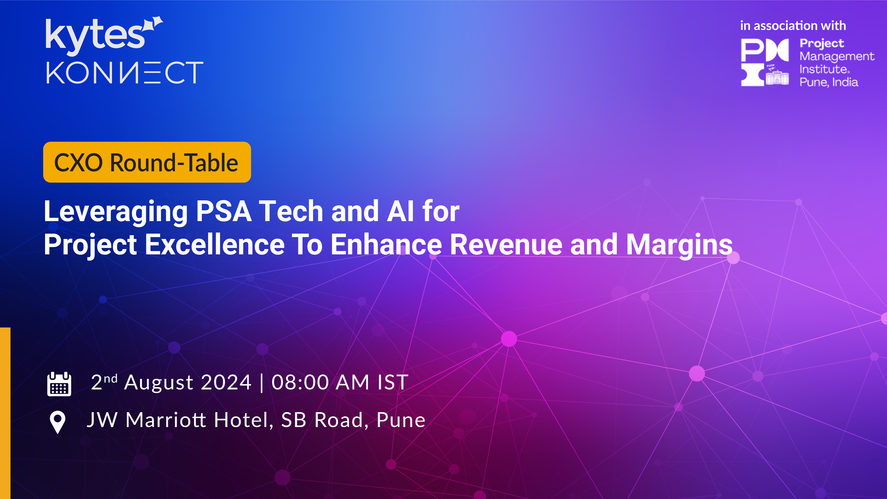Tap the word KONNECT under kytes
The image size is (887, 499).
click(125, 73)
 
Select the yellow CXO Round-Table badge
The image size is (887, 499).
click(147, 162)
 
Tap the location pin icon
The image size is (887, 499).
click(58, 422)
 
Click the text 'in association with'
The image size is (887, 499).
click(793, 26)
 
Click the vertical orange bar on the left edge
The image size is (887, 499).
click(5, 413)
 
